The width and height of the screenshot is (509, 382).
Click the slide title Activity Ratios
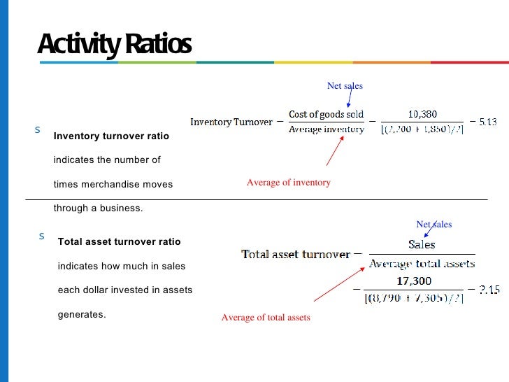(114, 45)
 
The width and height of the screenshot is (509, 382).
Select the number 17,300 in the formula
(414, 281)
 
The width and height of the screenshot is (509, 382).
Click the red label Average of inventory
(288, 183)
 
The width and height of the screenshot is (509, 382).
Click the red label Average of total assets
(265, 318)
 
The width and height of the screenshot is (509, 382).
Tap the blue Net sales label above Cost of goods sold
(345, 86)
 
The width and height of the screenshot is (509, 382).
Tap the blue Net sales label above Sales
(433, 225)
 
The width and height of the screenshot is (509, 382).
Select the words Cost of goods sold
(327, 114)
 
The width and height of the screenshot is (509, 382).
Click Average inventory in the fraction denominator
(327, 129)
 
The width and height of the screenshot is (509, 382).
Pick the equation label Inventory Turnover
(231, 122)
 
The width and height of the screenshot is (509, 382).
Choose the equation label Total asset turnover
(296, 255)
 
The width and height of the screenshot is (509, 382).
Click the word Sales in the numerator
(422, 245)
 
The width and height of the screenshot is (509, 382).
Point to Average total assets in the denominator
(422, 264)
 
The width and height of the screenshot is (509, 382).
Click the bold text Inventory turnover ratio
(111, 136)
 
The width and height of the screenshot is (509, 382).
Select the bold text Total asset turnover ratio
(119, 241)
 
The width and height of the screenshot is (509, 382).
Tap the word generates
(81, 314)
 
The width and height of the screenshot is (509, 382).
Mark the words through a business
(98, 208)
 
